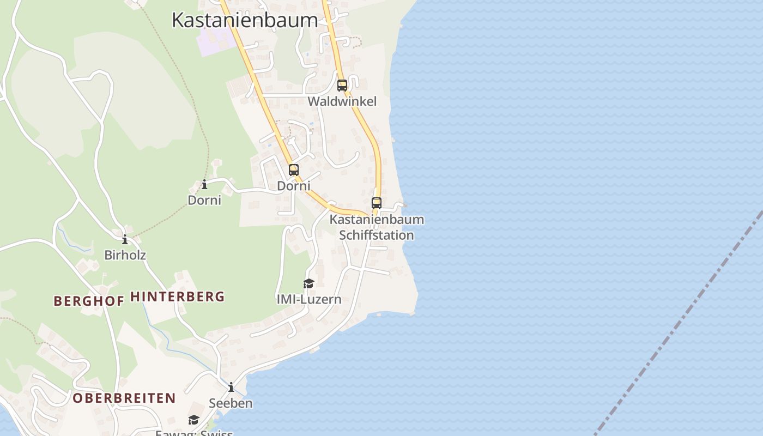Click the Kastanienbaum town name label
click(x=245, y=20)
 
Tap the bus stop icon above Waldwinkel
click(x=342, y=86)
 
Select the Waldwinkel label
click(x=342, y=101)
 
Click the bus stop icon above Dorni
click(x=294, y=170)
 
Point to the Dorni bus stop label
click(x=294, y=186)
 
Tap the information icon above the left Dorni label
click(x=204, y=185)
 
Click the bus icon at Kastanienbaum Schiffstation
click(x=377, y=203)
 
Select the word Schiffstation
click(x=377, y=235)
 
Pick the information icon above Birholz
click(x=125, y=239)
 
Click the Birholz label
click(x=125, y=255)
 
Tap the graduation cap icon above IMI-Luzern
click(x=309, y=283)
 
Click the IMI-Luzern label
click(x=309, y=299)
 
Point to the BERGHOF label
click(x=89, y=301)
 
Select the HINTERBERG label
click(x=178, y=297)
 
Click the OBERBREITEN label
click(x=124, y=398)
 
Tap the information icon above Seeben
click(x=231, y=387)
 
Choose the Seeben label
click(x=231, y=403)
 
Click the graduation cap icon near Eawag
click(x=193, y=420)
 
